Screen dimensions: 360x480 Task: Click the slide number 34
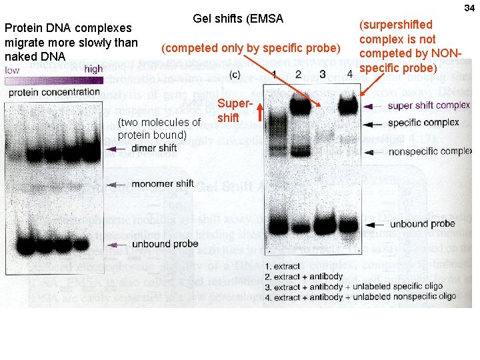469,7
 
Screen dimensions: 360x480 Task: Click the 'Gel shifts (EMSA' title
238,19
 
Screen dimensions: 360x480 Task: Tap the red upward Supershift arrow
261,116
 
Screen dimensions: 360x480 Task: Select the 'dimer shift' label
154,148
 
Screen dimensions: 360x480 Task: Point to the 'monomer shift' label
163,183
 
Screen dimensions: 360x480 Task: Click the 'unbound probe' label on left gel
165,244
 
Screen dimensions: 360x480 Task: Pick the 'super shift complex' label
428,105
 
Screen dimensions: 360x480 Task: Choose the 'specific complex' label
423,122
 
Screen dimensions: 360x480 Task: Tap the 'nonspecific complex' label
429,151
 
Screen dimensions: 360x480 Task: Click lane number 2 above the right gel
299,73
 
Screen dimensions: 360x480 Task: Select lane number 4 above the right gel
350,73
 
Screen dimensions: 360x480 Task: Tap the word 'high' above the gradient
93,69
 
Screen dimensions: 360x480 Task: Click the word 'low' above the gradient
12,69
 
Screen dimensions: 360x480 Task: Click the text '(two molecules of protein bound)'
159,129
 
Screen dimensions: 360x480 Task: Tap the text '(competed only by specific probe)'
252,48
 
